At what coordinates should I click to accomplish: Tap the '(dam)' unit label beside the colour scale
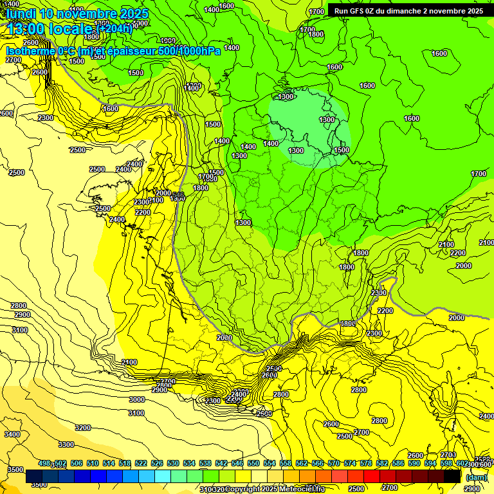coord(476,477)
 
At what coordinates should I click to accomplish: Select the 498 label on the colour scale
coord(44,464)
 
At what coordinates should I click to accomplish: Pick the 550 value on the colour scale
coord(253,464)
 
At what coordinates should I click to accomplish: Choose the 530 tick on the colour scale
coord(173,464)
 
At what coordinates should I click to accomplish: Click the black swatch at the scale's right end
coord(452,477)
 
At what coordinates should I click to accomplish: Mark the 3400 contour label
coord(12,435)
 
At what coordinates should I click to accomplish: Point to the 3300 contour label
coord(66,444)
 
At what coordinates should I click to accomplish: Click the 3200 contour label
coord(83,428)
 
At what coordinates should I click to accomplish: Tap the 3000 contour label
coord(137,399)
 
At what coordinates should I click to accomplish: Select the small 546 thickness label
coord(178,195)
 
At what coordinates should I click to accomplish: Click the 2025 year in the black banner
coord(474,11)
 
